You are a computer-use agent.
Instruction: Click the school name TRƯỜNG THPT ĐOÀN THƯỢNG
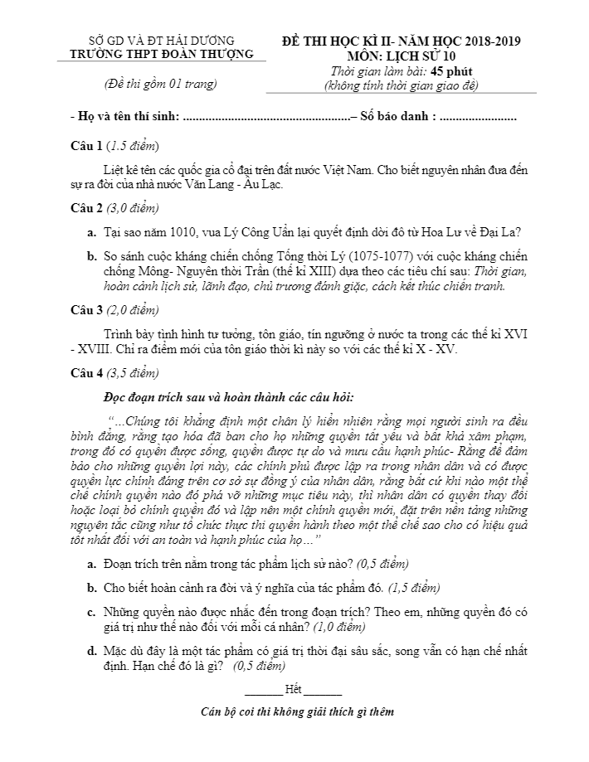(162, 54)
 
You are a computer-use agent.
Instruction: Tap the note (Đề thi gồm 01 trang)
(161, 84)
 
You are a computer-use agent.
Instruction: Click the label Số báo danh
(395, 116)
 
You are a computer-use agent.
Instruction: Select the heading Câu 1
(87, 146)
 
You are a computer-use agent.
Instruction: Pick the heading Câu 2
(87, 207)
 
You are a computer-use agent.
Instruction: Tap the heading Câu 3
(87, 310)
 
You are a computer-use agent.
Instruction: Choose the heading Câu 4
(87, 372)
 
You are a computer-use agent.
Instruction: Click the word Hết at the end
(293, 689)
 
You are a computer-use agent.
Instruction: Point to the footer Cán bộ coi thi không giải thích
(298, 711)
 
